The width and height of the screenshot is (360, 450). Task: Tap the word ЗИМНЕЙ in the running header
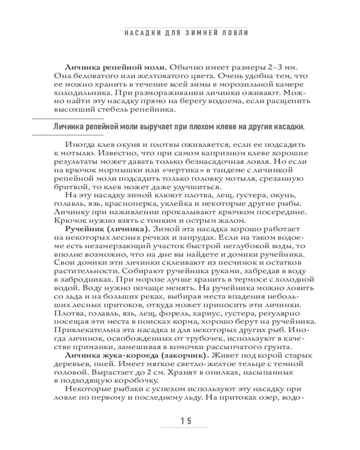coord(191,34)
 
